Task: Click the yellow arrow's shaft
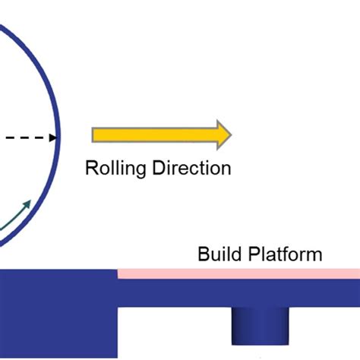pyautogui.click(x=152, y=134)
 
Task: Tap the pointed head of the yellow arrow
pyautogui.click(x=223, y=134)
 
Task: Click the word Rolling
pyautogui.click(x=112, y=168)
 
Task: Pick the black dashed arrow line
pyautogui.click(x=23, y=138)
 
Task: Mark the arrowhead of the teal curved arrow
pyautogui.click(x=30, y=203)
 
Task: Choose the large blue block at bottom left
pyautogui.click(x=57, y=311)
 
